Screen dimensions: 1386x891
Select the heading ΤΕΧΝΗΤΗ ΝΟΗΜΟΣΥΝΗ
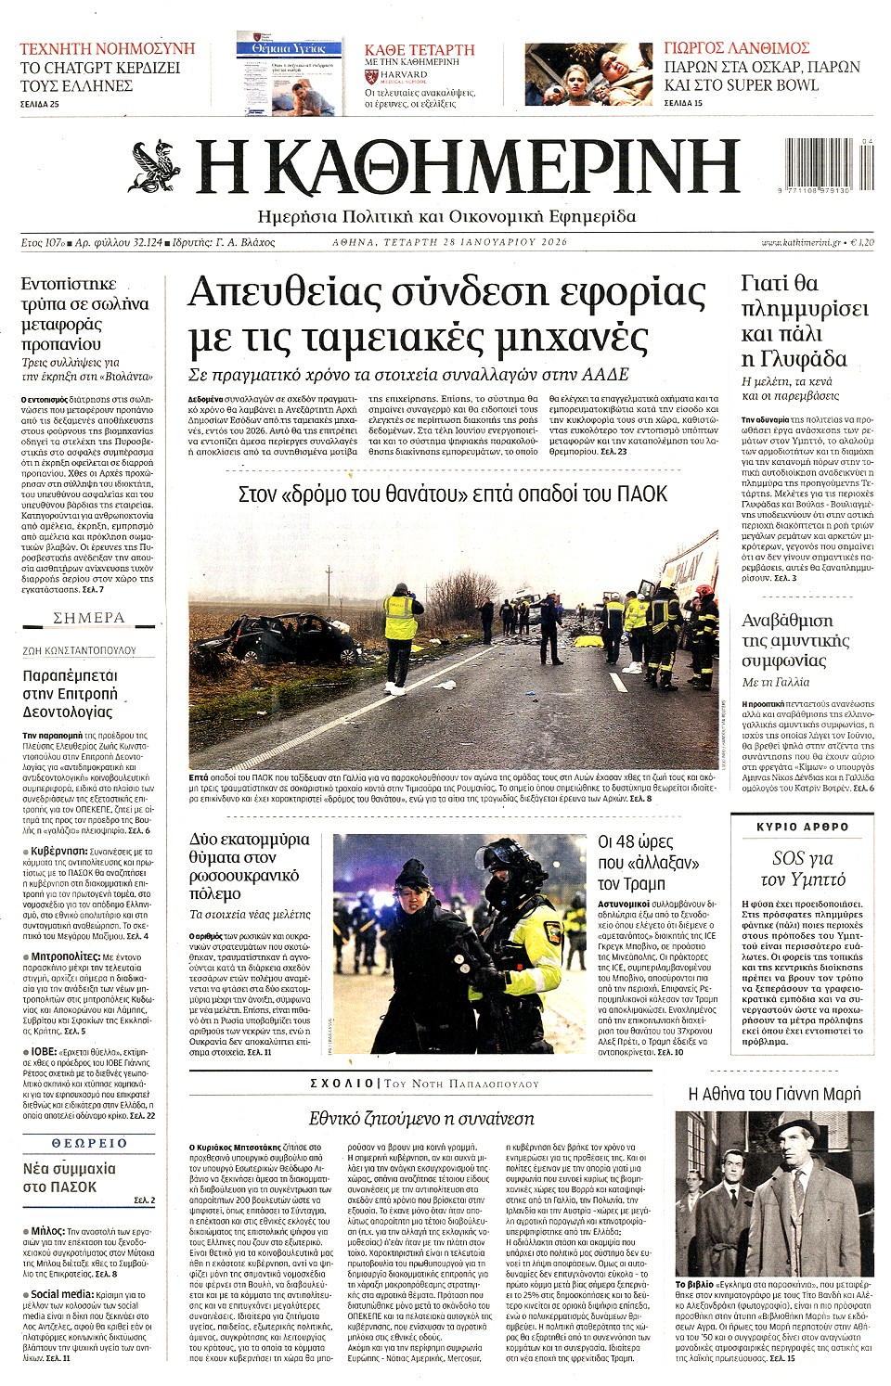108,48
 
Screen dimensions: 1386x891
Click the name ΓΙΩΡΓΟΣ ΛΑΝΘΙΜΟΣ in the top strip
737,48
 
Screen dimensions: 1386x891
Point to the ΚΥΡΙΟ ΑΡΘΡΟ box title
803,827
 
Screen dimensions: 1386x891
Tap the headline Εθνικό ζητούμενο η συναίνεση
421,1118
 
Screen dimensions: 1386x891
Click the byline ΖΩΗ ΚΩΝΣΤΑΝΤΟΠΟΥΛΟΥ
79,650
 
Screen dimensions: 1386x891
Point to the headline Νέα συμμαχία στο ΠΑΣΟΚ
69,1177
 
